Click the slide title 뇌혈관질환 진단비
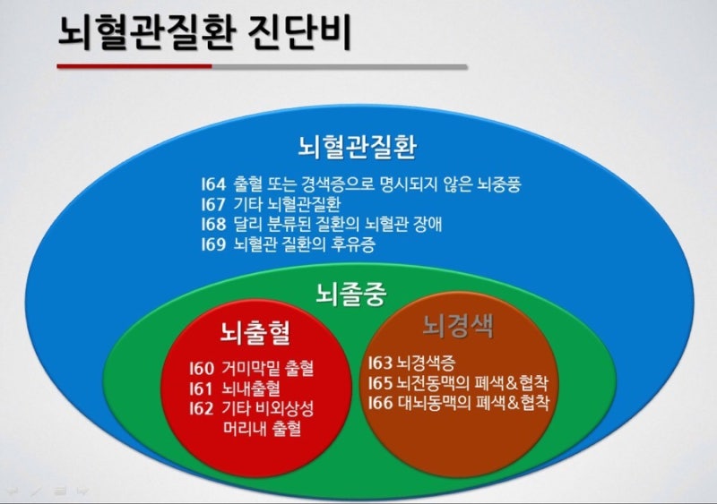204,32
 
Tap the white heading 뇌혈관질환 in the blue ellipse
357,146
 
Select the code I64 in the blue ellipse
213,184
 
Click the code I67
213,204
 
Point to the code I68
213,225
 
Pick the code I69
213,244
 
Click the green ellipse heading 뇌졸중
351,294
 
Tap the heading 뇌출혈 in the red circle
255,332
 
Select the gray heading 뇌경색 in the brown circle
458,326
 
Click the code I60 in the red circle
202,368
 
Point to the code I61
201,389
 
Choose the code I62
202,408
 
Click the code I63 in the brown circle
380,363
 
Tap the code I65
380,383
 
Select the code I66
380,403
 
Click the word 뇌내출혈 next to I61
251,389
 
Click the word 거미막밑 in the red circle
250,368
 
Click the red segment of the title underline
134,66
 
